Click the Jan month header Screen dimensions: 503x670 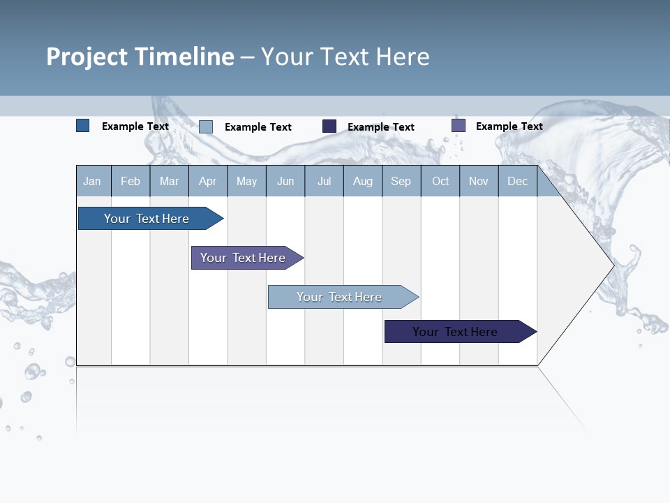pyautogui.click(x=92, y=181)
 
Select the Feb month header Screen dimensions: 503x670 pyautogui.click(x=131, y=181)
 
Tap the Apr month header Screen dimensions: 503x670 pyautogui.click(x=208, y=181)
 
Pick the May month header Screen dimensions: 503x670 pyautogui.click(x=246, y=181)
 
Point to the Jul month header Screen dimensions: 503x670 pyautogui.click(x=324, y=181)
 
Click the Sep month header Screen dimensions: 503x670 pyautogui.click(x=401, y=181)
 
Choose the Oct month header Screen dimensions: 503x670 pyautogui.click(x=440, y=181)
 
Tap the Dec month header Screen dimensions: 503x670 pyautogui.click(x=517, y=181)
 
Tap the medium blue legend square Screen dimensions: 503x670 pyautogui.click(x=82, y=126)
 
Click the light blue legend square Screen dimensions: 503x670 pyautogui.click(x=206, y=126)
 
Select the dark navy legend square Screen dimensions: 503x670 pyautogui.click(x=329, y=126)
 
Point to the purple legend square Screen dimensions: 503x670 pyautogui.click(x=459, y=126)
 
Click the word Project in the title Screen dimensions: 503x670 pyautogui.click(x=86, y=57)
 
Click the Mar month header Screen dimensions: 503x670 pyautogui.click(x=169, y=181)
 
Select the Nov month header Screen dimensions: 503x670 pyautogui.click(x=479, y=181)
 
